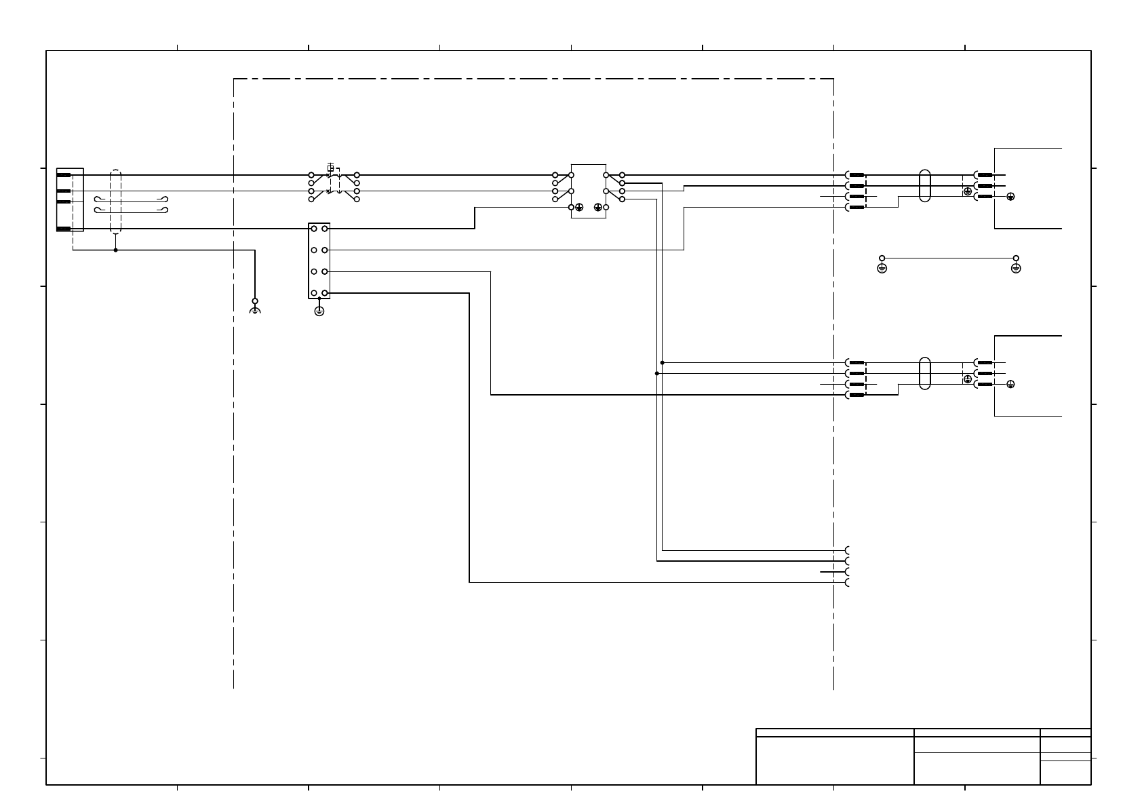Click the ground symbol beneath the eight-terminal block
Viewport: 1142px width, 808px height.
tap(319, 311)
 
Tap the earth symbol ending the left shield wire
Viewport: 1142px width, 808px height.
tap(255, 310)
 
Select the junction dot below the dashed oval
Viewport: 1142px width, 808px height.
tap(116, 250)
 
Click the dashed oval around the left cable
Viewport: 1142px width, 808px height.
tap(116, 201)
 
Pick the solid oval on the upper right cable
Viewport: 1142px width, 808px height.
tap(924, 185)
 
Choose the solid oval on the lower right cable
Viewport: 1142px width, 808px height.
tap(924, 373)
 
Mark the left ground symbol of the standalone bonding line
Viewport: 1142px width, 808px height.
tap(882, 268)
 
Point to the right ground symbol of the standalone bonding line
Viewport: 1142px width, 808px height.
tap(1016, 268)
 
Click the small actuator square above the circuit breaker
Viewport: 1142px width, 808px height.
tap(330, 167)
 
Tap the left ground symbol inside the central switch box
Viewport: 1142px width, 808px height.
tap(579, 207)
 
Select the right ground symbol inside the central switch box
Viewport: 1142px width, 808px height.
tap(597, 207)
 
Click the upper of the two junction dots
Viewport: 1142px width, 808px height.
tap(663, 362)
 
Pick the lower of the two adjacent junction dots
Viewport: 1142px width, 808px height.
tap(657, 373)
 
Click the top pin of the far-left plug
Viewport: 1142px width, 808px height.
tap(64, 175)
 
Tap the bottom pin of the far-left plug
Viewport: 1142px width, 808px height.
tap(64, 229)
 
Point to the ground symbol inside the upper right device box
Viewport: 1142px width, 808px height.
tap(1010, 197)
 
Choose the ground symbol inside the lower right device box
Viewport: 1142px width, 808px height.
tap(1010, 385)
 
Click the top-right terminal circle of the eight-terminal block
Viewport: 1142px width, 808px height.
tap(325, 229)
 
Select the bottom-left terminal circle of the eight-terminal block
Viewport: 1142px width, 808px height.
tap(314, 293)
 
